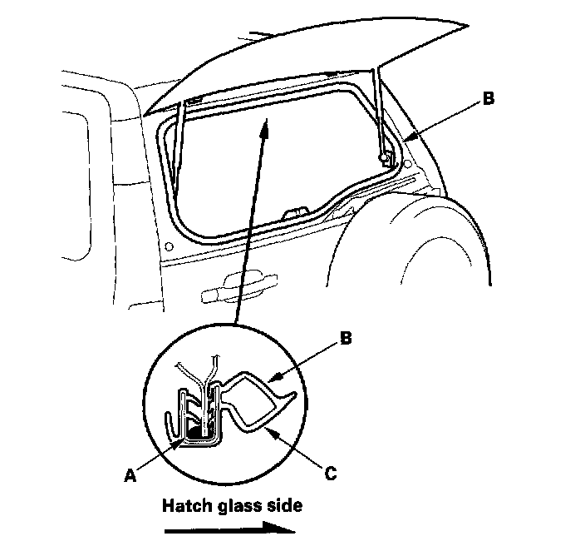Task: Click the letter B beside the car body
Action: click(489, 98)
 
